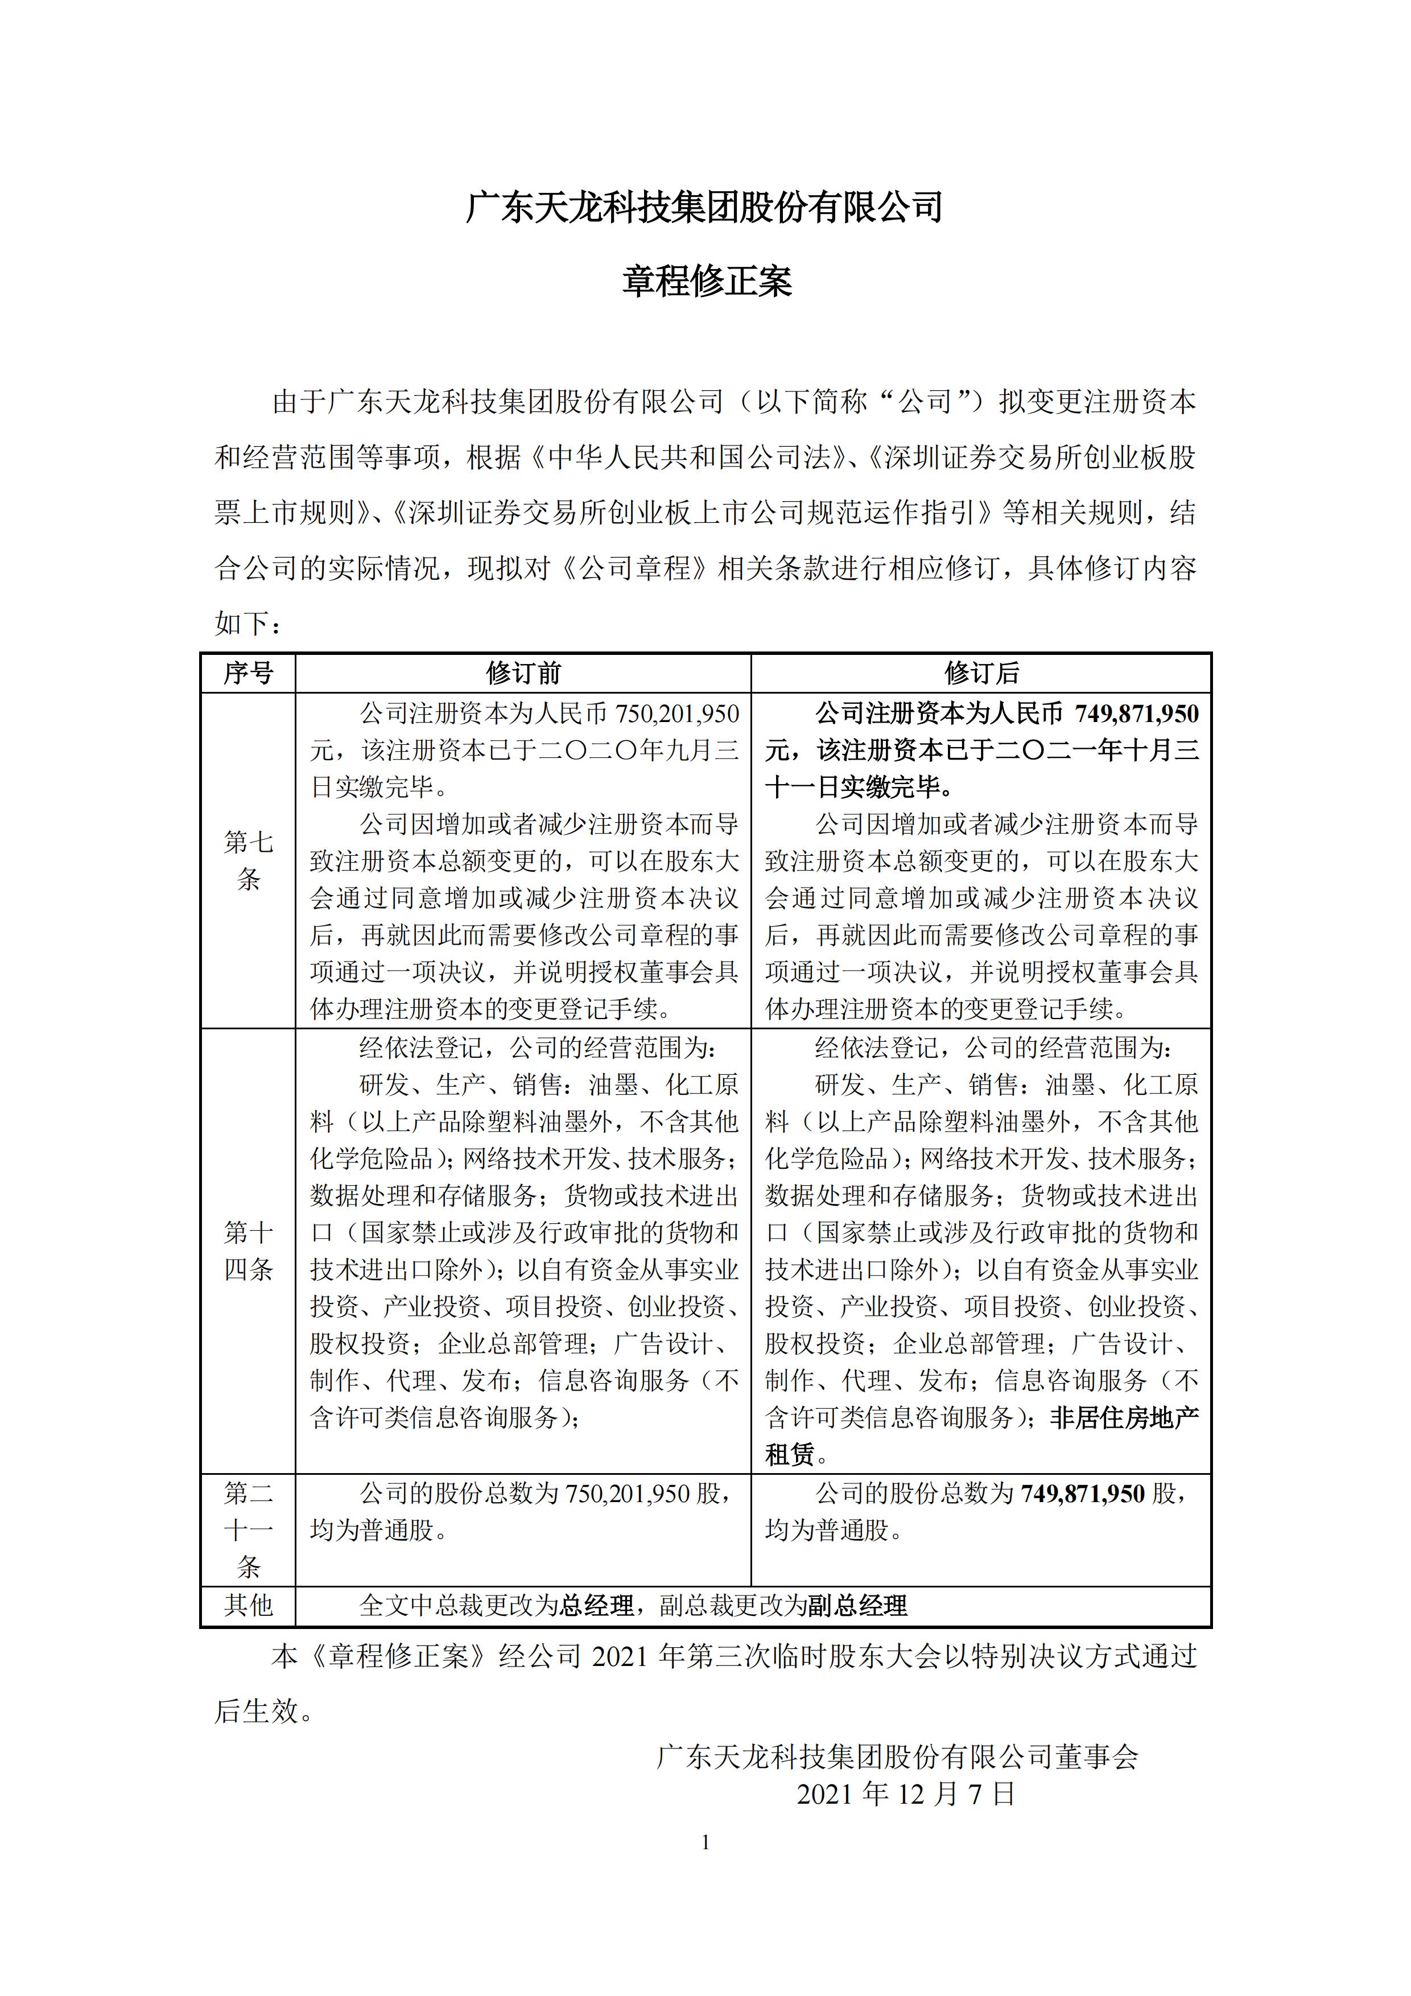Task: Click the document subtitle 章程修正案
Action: (706, 282)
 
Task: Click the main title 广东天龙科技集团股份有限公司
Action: (705, 208)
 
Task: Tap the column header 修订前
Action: (523, 673)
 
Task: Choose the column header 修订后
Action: (981, 673)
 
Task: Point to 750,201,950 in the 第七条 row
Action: (677, 714)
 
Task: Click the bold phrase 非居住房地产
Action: (1125, 1418)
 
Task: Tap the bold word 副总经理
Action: (857, 1606)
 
